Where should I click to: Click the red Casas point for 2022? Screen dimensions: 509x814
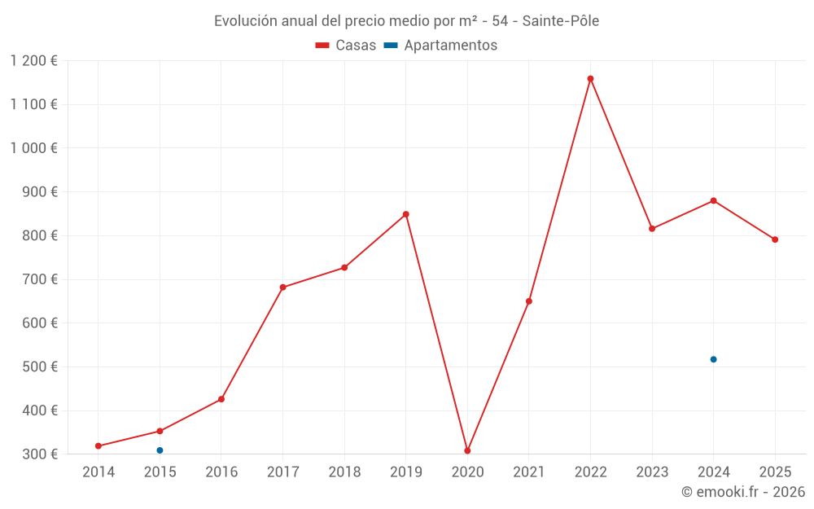[590, 79]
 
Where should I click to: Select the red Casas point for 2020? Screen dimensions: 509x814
[467, 450]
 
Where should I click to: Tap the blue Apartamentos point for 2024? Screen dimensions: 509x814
[713, 359]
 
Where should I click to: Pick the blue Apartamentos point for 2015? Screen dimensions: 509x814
[160, 450]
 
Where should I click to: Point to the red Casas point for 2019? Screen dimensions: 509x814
[405, 214]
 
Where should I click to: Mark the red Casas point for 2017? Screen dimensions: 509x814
[282, 287]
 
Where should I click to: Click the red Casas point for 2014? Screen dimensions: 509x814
[98, 446]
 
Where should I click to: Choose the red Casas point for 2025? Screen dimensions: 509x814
[775, 239]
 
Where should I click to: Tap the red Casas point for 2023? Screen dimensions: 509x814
[652, 229]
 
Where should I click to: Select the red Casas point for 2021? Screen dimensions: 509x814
[529, 301]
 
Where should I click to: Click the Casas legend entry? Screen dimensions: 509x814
[346, 46]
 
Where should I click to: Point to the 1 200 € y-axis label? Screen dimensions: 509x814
[33, 61]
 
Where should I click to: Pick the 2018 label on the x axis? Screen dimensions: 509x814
[344, 472]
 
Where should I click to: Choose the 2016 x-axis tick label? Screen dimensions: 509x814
[221, 472]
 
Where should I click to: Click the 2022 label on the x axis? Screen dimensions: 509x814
[590, 472]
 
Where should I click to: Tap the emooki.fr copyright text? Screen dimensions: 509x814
[743, 492]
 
